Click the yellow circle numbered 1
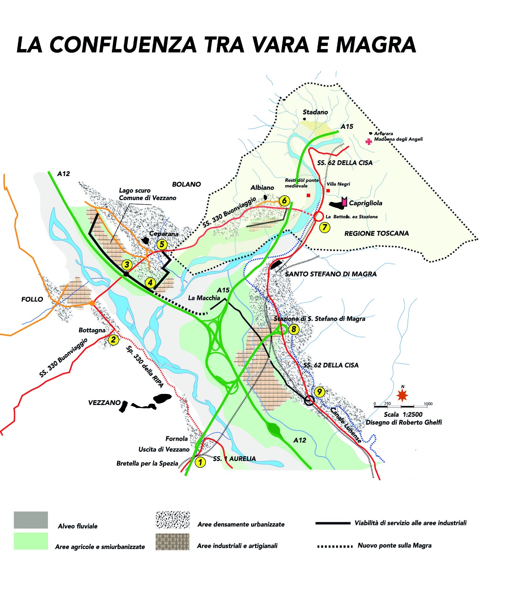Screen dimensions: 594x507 click(200, 462)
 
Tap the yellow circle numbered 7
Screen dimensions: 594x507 click(325, 227)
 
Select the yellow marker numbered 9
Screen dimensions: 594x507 click(319, 392)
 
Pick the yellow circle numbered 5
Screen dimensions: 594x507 click(162, 244)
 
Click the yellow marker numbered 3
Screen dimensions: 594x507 click(127, 265)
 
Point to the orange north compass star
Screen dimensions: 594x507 click(402, 395)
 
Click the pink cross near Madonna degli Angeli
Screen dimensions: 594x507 click(369, 141)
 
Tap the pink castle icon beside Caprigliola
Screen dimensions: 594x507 click(345, 202)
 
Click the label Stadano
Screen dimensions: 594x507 click(315, 112)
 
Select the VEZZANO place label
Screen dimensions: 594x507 click(104, 403)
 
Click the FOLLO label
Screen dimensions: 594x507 click(32, 299)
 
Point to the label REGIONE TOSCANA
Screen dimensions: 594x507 click(376, 234)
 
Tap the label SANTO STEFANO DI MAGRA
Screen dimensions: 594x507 click(331, 274)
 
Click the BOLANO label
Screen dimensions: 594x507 click(187, 185)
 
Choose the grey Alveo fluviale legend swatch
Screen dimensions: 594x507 click(31, 520)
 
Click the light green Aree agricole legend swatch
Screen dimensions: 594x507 click(31, 541)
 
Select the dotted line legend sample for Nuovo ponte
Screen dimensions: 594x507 click(335, 546)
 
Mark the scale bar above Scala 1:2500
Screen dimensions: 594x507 click(401, 407)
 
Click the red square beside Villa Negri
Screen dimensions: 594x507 click(328, 191)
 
